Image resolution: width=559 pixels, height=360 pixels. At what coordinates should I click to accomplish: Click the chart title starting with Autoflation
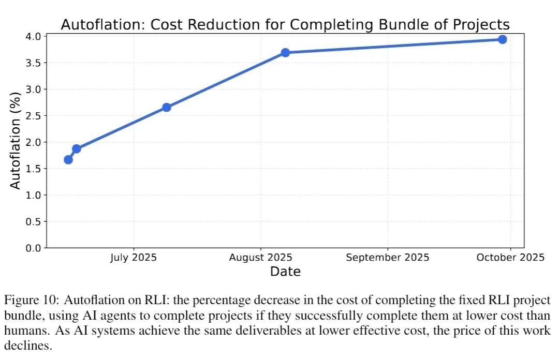[x=285, y=24]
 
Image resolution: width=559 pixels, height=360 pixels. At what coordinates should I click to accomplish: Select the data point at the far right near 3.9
[x=502, y=39]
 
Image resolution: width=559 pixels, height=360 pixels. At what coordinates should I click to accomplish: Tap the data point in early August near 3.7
[x=285, y=53]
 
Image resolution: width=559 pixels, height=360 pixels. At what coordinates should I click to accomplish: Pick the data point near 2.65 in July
[x=167, y=107]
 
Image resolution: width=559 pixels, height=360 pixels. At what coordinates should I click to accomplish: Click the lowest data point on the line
[x=68, y=159]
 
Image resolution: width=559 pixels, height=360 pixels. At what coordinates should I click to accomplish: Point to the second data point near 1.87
[x=77, y=149]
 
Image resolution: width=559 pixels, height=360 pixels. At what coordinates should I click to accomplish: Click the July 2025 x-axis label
[x=134, y=258]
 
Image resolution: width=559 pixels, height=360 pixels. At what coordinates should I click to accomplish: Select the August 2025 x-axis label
[x=261, y=258]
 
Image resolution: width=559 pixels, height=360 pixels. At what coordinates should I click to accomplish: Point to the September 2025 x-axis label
[x=387, y=258]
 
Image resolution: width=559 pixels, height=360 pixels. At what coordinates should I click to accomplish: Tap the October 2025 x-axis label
[x=511, y=258]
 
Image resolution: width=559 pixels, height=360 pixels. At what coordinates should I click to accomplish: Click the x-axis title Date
[x=285, y=271]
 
